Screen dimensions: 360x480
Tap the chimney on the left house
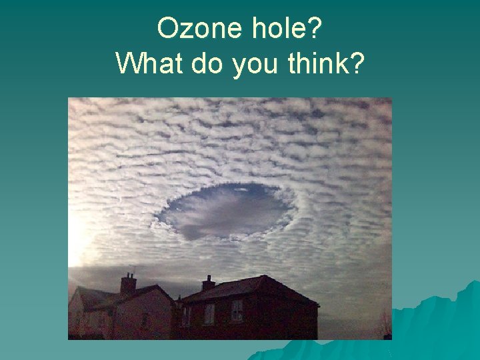tap(128, 284)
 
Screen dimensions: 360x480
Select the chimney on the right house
tap(209, 283)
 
